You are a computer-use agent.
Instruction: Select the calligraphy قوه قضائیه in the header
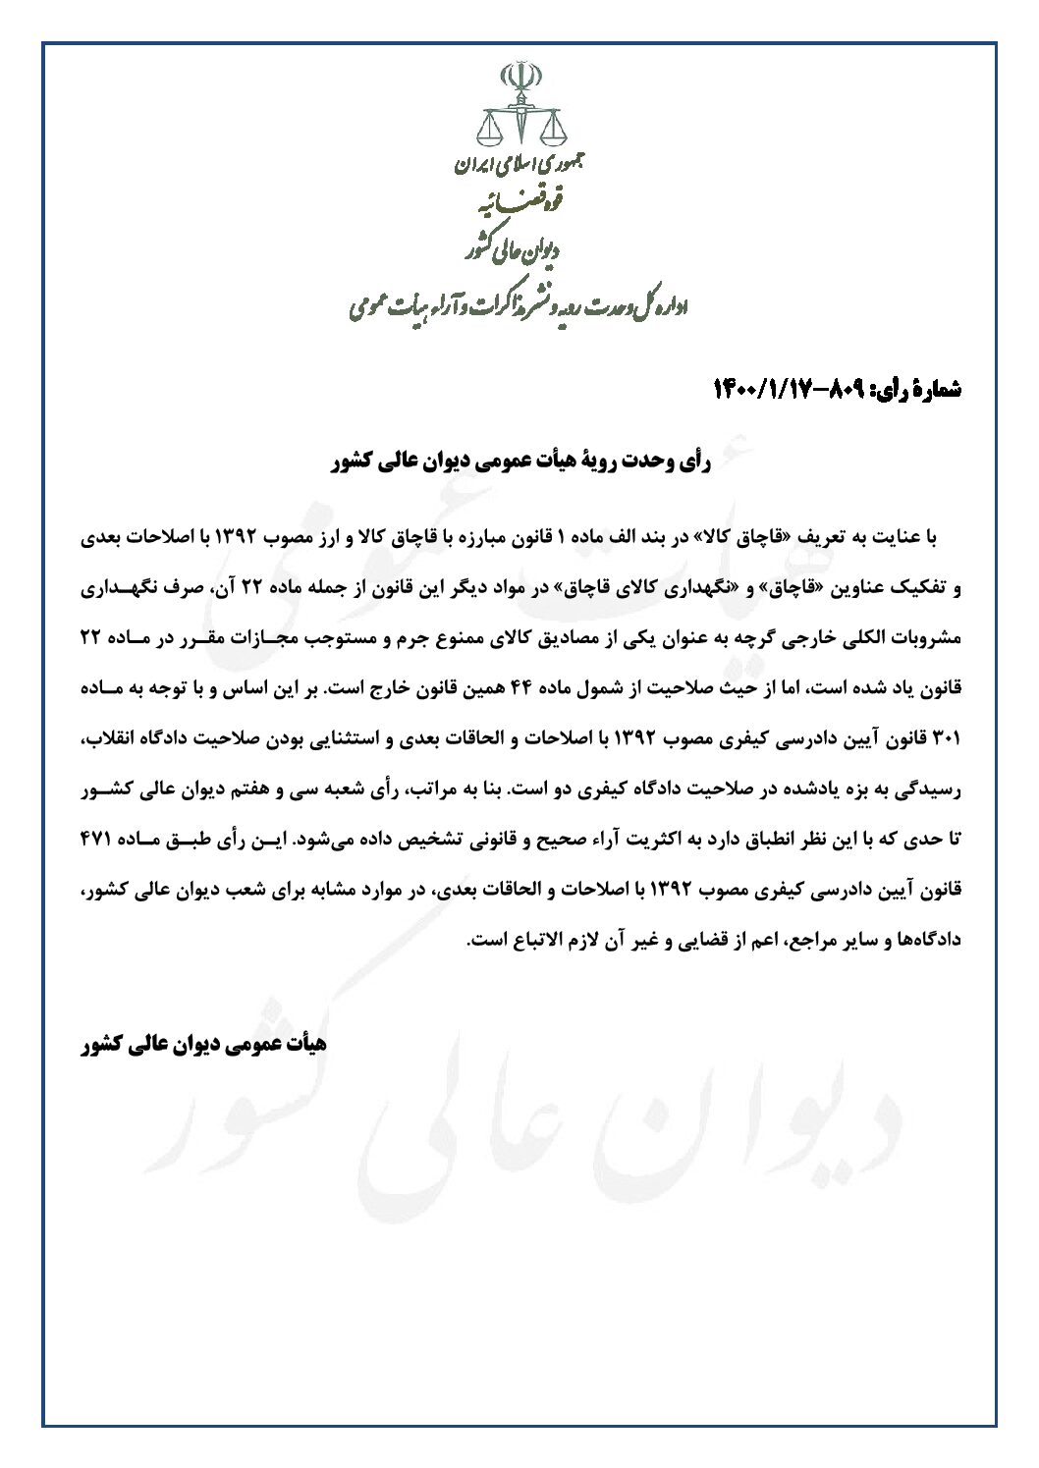click(519, 206)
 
